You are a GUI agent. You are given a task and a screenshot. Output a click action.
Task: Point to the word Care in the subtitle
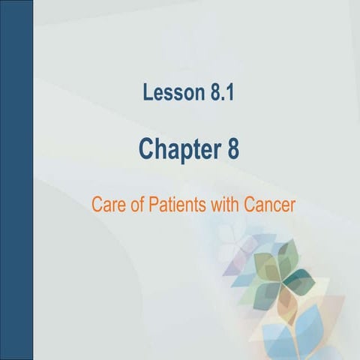pyautogui.click(x=106, y=202)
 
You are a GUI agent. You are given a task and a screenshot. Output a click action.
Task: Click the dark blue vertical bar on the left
pyautogui.click(x=16, y=180)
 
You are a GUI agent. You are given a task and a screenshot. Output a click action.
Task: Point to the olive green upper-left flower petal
pyautogui.click(x=266, y=268)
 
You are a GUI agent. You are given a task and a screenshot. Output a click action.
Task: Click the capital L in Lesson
pyautogui.click(x=146, y=94)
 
